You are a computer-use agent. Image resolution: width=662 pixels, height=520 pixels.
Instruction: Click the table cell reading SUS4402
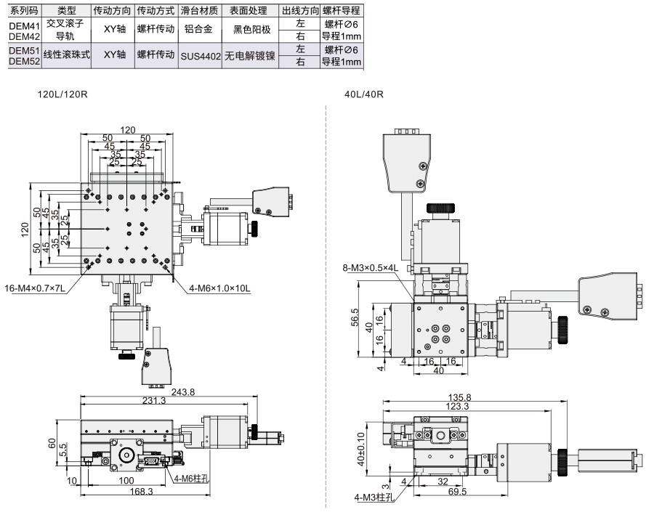pyautogui.click(x=201, y=56)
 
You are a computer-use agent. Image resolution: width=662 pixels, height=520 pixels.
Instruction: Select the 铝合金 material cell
pyautogui.click(x=198, y=29)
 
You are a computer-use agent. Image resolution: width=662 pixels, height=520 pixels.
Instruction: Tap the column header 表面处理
pyautogui.click(x=249, y=11)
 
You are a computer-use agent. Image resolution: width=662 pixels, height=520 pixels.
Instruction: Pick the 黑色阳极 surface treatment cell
pyautogui.click(x=252, y=29)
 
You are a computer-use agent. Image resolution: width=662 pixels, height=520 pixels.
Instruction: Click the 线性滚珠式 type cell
pyautogui.click(x=67, y=54)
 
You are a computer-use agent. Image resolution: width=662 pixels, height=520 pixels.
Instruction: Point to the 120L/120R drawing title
pyautogui.click(x=62, y=94)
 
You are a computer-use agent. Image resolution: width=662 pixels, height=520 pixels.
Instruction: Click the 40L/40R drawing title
pyautogui.click(x=364, y=94)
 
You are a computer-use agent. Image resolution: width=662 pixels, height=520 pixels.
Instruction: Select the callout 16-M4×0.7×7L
pyautogui.click(x=35, y=288)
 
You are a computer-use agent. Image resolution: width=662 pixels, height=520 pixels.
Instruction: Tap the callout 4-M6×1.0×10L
pyautogui.click(x=219, y=288)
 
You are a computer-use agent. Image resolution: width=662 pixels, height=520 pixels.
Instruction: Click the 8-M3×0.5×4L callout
pyautogui.click(x=371, y=267)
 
